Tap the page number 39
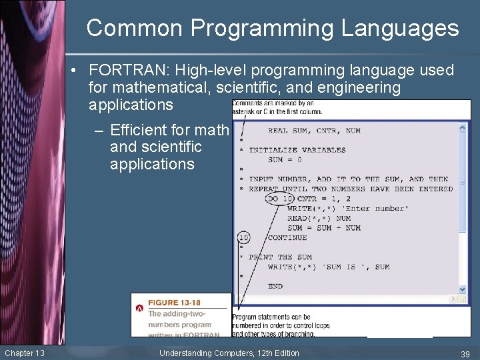[x=465, y=353]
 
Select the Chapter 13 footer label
[x=25, y=353]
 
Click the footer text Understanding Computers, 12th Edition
[x=229, y=353]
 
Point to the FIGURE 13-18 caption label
[x=174, y=303]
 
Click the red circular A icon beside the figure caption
[x=139, y=309]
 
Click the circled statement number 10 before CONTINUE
[x=244, y=237]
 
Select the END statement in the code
[x=275, y=286]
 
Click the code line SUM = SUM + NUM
[x=324, y=228]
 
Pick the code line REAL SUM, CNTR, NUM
[x=314, y=131]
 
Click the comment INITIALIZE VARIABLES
[x=297, y=150]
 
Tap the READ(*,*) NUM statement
[x=319, y=218]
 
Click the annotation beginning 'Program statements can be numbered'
[x=281, y=325]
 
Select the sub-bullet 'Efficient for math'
[x=169, y=130]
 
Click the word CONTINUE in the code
[x=287, y=237]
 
